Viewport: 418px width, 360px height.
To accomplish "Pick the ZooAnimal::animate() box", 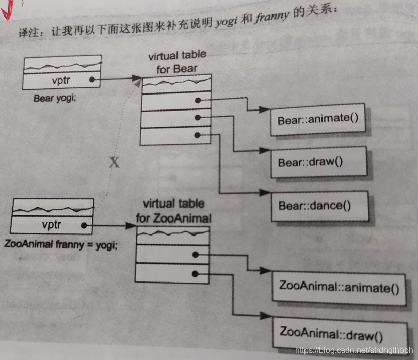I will coord(339,287).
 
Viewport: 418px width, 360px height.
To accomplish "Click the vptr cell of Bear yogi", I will coord(63,80).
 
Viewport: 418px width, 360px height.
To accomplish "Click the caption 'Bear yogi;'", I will coord(55,97).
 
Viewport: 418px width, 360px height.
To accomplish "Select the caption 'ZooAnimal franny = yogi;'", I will coord(60,242).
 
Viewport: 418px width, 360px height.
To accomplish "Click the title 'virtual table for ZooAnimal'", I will coord(173,211).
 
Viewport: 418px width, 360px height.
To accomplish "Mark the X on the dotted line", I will coord(115,163).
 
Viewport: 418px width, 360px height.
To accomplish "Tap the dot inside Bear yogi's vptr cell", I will coord(91,80).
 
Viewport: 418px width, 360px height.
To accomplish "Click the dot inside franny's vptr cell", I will coord(83,225).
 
